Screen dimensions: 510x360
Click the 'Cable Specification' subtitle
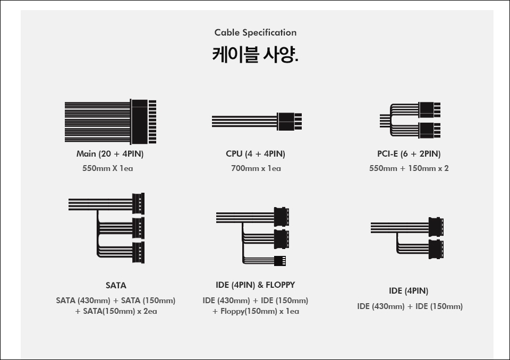coord(256,32)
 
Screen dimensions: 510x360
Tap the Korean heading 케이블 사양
coord(256,54)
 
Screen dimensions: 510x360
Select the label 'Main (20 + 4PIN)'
coord(110,154)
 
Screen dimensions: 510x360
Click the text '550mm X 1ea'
coord(108,168)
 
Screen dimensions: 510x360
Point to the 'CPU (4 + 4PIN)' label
coord(256,154)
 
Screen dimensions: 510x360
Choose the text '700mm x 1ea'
coord(256,168)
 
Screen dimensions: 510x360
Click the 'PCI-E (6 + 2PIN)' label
coord(409,154)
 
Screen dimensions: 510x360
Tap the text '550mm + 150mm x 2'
coord(409,168)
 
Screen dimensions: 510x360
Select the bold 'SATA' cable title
coord(116,286)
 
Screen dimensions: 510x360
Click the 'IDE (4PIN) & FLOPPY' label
coord(256,285)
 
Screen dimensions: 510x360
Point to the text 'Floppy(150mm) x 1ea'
coord(260,311)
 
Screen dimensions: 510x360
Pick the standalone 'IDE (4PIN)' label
coord(409,291)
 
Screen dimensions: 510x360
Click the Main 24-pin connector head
coord(143,122)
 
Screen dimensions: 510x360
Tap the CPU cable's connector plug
coord(289,121)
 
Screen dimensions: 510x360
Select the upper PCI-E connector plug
coord(429,109)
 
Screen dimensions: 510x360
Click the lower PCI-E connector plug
coord(429,131)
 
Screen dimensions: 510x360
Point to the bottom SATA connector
coord(138,252)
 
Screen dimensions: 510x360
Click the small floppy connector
coord(280,261)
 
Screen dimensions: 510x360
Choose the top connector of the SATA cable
coord(138,203)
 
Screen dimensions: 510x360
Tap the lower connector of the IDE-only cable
coord(436,249)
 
